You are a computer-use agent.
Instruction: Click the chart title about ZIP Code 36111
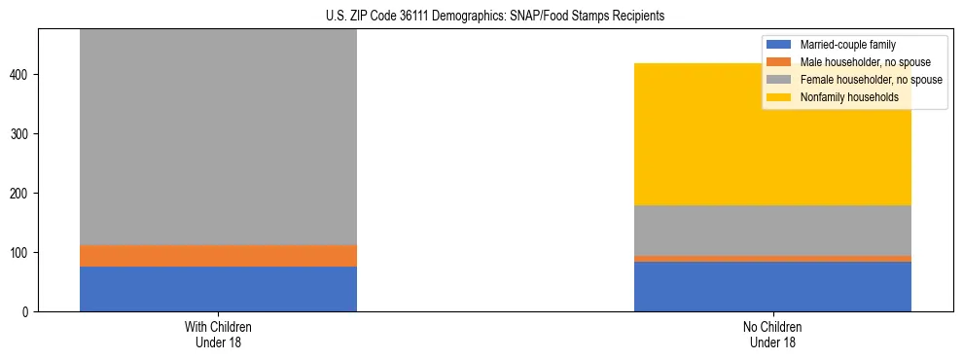481,16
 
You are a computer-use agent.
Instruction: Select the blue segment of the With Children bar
218,289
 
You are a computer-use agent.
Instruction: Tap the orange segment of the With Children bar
218,256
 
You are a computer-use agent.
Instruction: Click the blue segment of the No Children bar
772,287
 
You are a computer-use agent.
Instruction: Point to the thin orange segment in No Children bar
772,259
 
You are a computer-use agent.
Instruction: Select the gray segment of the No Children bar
772,231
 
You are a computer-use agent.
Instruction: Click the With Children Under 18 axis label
218,335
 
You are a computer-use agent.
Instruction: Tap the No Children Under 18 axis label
772,335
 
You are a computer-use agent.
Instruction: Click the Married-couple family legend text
847,45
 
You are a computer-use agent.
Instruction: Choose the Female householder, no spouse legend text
871,80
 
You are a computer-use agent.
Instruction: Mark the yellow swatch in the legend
779,97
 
